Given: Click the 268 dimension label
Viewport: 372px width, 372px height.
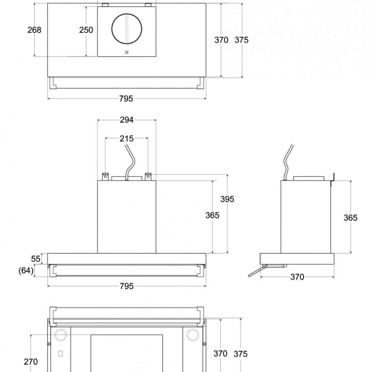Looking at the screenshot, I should point(35,30).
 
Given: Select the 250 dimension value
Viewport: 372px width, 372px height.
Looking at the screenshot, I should point(86,30).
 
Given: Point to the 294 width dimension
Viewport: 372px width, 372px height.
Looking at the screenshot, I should point(126,120).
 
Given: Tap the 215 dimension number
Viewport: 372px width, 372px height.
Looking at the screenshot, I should point(126,138).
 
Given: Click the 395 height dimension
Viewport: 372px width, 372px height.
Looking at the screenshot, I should point(227,199).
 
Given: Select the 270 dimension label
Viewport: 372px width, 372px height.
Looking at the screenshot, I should point(30,361).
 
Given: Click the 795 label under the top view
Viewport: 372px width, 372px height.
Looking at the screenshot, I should point(126,99).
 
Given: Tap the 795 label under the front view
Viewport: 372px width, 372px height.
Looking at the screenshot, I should point(126,286).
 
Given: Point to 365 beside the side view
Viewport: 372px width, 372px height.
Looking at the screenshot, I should point(350,218).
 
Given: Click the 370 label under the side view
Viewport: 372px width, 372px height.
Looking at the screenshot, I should point(297,277).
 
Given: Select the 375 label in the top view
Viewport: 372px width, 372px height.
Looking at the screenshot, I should point(241,40).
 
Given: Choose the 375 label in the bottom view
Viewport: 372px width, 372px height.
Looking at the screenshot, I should point(241,353).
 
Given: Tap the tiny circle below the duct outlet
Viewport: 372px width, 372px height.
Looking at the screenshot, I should point(126,53).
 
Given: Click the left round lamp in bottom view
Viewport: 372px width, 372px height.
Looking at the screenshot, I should point(61,335).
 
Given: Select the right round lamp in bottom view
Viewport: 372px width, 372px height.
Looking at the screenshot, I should point(193,335).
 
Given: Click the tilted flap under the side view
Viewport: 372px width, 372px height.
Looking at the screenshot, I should point(259,271).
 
